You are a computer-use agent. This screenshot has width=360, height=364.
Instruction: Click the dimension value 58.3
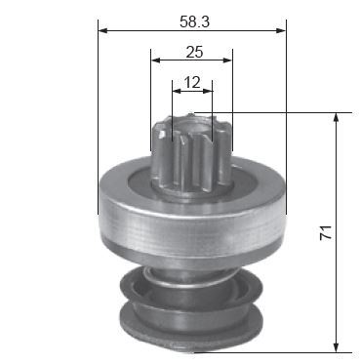point(194,21)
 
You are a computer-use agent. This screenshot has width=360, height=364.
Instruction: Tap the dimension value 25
point(194,52)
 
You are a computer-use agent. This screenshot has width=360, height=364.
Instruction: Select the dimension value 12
point(192,83)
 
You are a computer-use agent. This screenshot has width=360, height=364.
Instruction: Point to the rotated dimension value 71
point(326,232)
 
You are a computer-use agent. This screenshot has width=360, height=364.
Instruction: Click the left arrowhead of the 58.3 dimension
point(102,30)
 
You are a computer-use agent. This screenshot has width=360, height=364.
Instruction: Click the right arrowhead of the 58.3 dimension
point(281,30)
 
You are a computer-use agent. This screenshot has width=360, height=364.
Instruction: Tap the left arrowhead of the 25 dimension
point(155,61)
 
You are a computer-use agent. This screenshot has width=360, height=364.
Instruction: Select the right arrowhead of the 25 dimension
point(228,61)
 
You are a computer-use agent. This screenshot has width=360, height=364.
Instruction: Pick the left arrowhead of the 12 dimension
point(177,91)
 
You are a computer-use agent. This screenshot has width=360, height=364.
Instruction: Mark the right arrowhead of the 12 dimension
point(208,91)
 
